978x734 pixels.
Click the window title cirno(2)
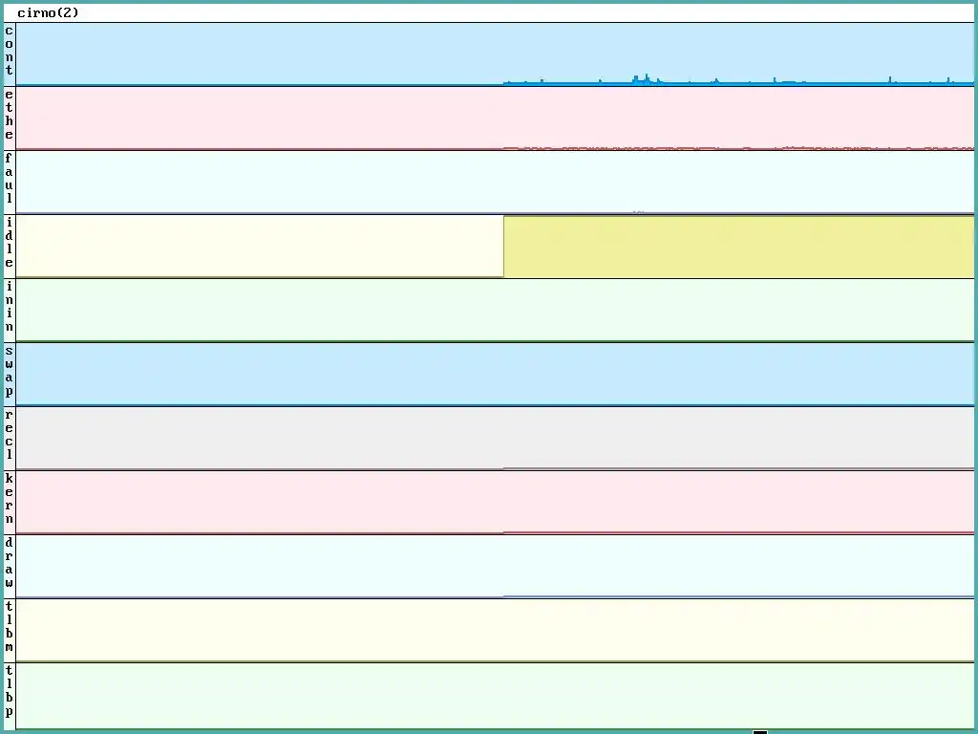(48, 13)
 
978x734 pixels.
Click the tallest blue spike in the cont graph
(647, 78)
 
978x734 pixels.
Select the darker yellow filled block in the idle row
(737, 247)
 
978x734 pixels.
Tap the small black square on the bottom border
(760, 732)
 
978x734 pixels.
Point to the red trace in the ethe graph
(669, 148)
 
